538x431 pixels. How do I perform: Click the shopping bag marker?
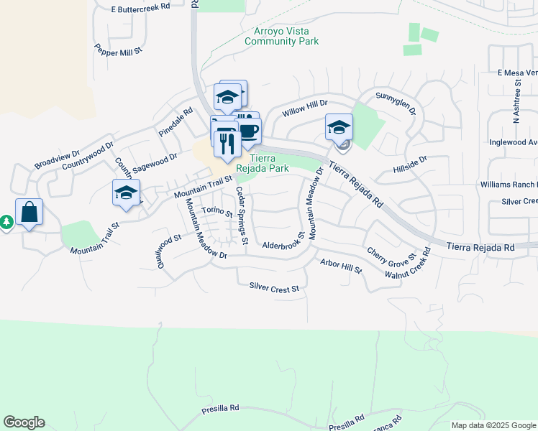click(29, 213)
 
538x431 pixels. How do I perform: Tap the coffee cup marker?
click(248, 131)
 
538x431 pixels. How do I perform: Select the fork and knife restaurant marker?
click(226, 144)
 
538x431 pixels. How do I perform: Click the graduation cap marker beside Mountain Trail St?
click(126, 193)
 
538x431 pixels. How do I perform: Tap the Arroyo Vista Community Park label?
click(282, 36)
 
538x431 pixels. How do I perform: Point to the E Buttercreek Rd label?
click(140, 6)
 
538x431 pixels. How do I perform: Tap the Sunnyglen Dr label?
click(396, 101)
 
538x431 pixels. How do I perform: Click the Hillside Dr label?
click(410, 164)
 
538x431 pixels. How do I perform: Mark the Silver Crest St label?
click(273, 288)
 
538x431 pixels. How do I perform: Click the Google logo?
click(24, 422)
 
